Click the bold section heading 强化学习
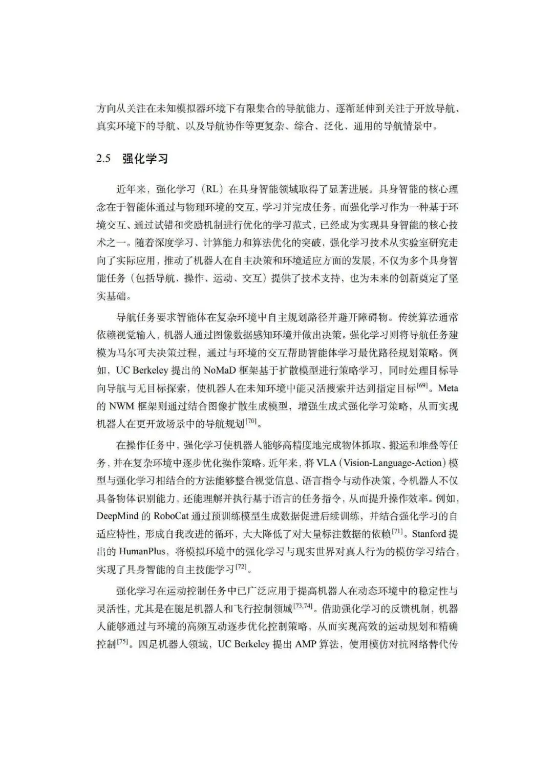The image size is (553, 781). [x=145, y=159]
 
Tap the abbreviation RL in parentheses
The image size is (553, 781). [x=211, y=189]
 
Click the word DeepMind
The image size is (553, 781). [x=117, y=516]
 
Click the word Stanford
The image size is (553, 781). [x=429, y=534]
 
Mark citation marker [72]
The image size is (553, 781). [x=241, y=567]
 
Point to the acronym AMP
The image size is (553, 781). [x=306, y=644]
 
